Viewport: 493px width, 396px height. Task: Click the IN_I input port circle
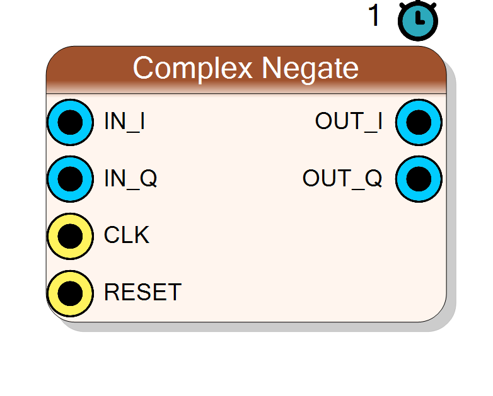pos(70,122)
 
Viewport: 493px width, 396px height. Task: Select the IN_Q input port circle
pos(70,179)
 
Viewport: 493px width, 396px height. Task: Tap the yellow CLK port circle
pos(70,236)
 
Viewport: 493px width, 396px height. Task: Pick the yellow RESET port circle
pos(70,293)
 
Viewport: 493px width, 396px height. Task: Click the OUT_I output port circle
pos(419,122)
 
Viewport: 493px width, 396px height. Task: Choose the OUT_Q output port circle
pos(419,179)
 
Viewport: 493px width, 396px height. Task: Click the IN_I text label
pos(124,122)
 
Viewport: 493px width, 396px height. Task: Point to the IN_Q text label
pos(130,179)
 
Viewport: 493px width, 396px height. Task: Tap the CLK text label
pos(126,235)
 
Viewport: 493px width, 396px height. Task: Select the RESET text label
pos(142,292)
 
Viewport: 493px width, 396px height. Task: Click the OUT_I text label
pos(349,122)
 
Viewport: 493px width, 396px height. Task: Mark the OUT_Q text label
pos(342,179)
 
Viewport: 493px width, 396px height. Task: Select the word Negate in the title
pos(310,70)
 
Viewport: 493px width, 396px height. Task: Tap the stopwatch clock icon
pos(418,20)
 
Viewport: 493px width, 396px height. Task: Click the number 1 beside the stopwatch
pos(374,15)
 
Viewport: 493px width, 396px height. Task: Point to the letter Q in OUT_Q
pos(373,178)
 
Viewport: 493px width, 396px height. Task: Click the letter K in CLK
pos(140,235)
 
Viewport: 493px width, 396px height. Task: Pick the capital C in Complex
pos(143,67)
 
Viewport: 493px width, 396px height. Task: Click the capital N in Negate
pos(272,67)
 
